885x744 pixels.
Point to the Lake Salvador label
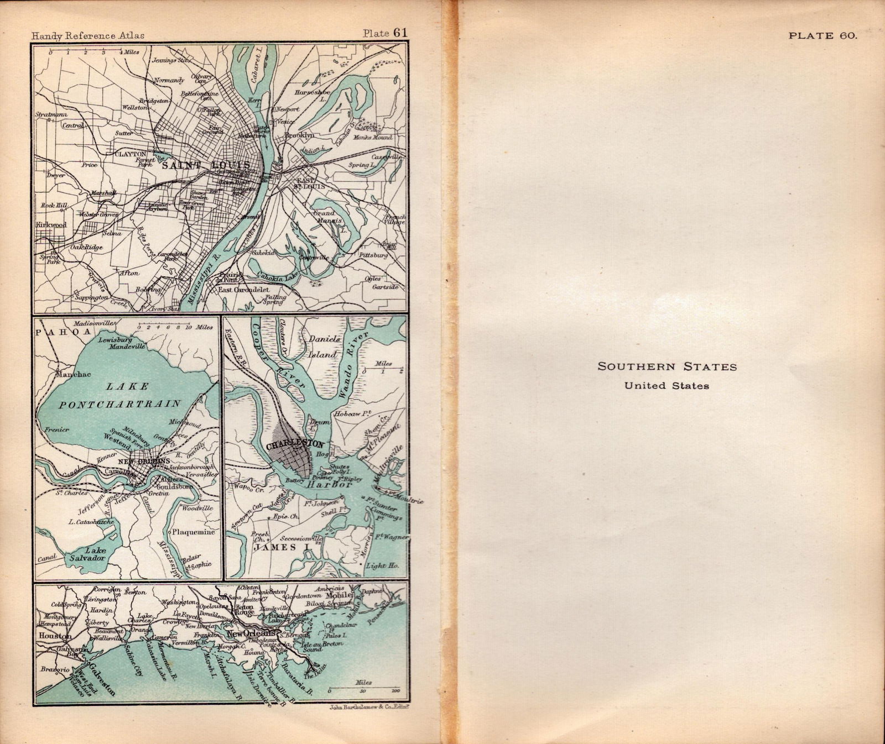point(87,554)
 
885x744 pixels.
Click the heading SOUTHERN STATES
point(667,366)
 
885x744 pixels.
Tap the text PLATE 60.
point(822,35)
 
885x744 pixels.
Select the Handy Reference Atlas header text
point(88,35)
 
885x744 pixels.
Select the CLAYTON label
point(130,154)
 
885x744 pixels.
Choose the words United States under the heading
point(667,386)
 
